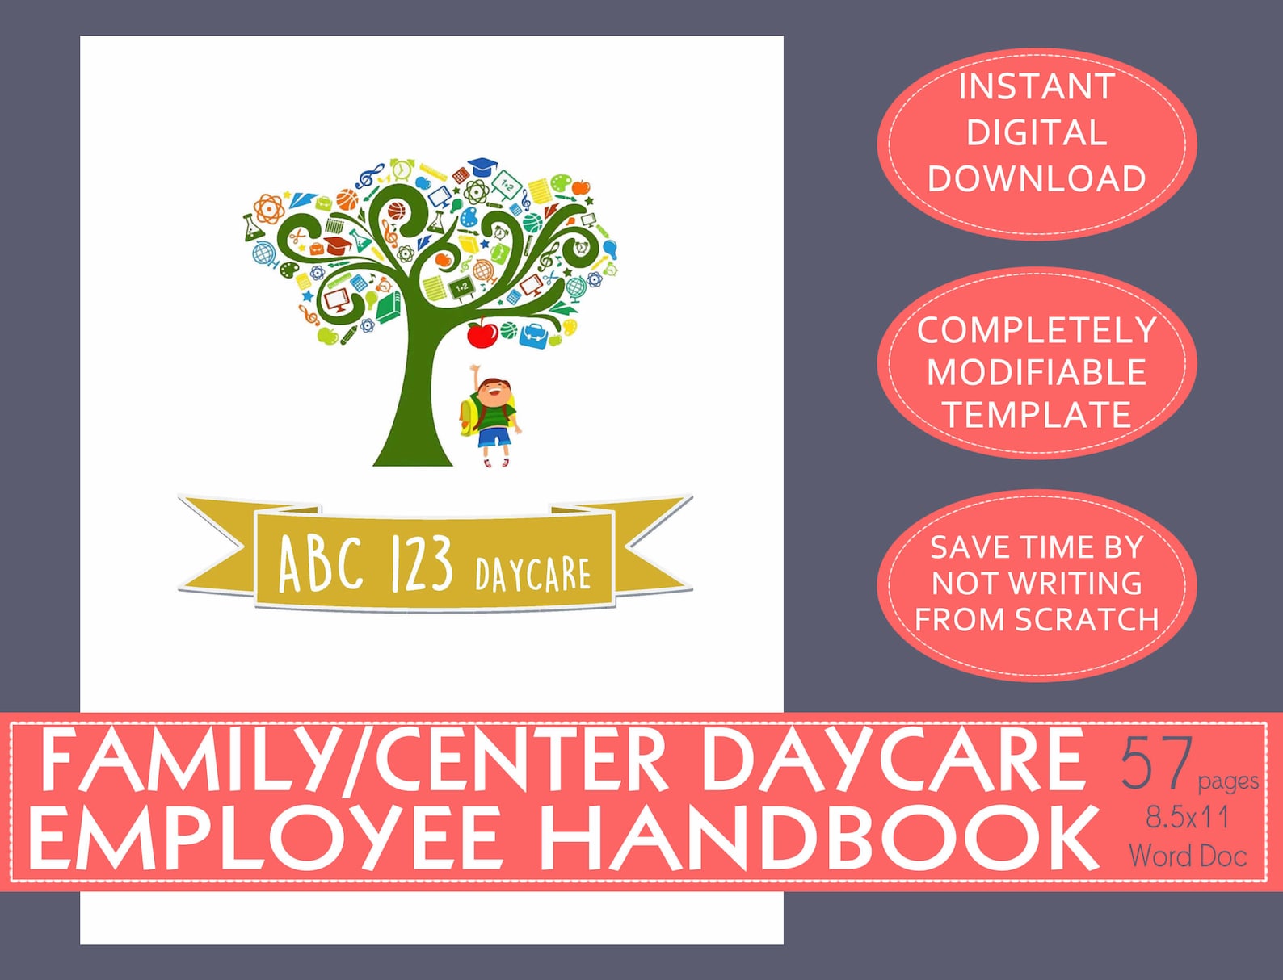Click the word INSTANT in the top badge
tap(1037, 87)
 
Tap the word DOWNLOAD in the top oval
tap(1037, 179)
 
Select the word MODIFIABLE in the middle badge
tap(1037, 373)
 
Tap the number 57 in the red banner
tap(1156, 764)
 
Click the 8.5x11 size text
tap(1187, 817)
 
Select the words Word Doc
tap(1187, 856)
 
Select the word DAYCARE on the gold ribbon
tap(532, 574)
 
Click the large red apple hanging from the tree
tap(482, 333)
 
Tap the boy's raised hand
tap(474, 370)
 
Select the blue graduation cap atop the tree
tap(482, 166)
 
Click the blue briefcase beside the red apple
tap(532, 335)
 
